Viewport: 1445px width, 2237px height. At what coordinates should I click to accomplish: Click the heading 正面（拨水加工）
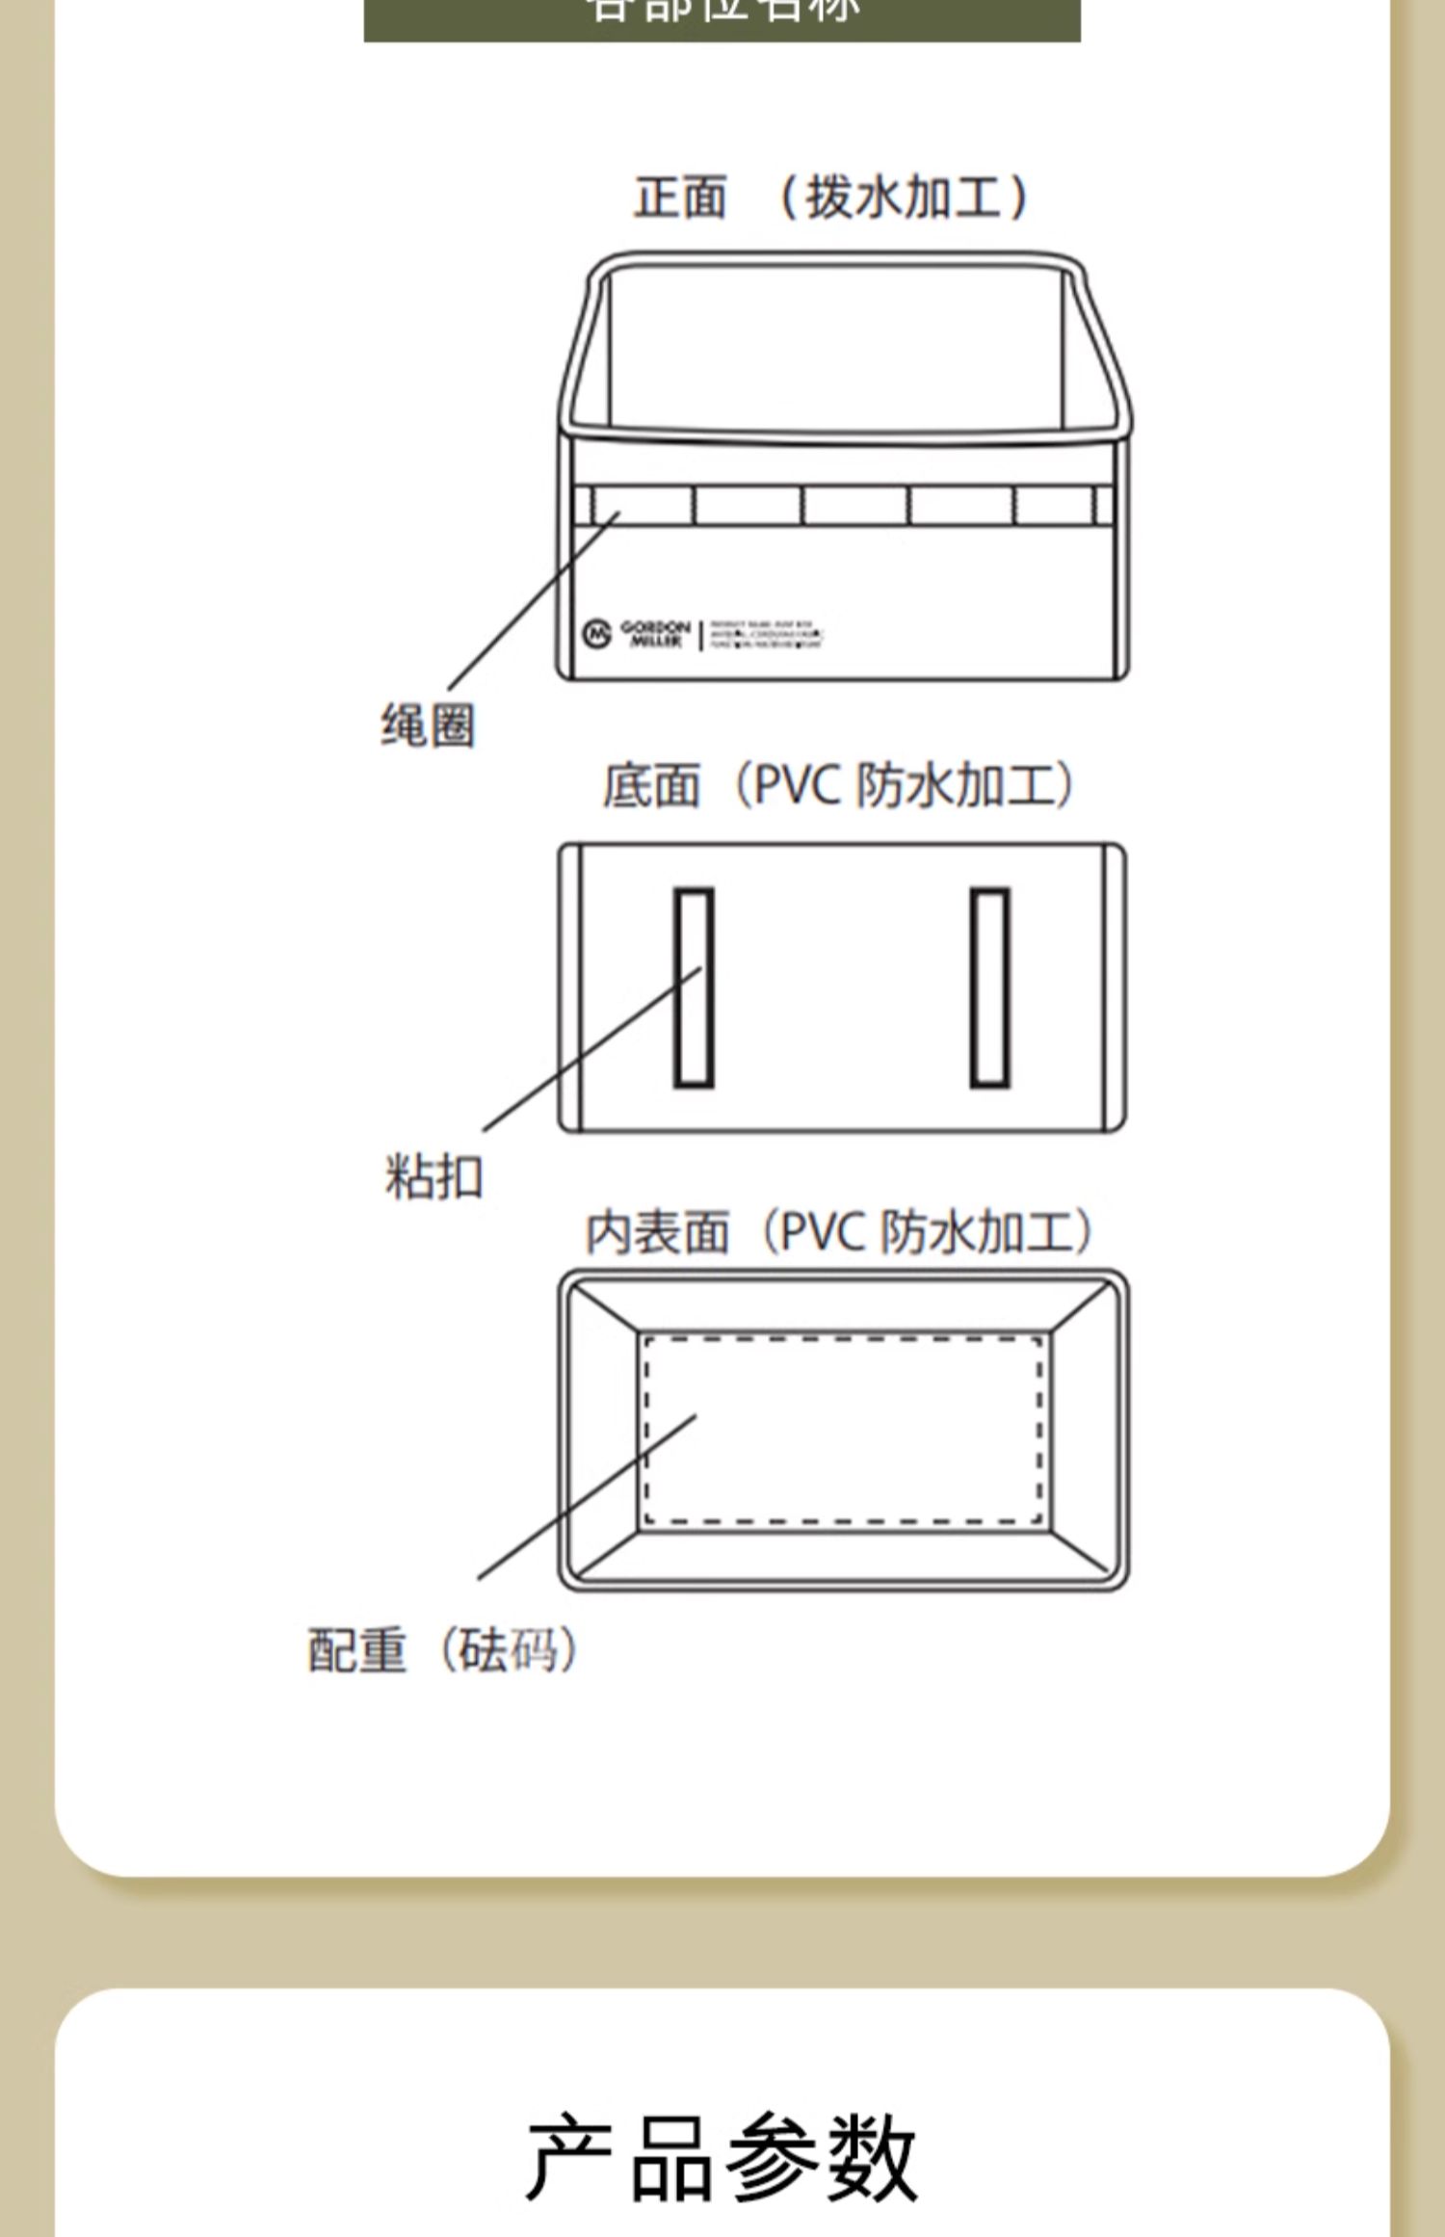[830, 197]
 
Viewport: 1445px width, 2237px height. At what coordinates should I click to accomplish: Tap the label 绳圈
[428, 725]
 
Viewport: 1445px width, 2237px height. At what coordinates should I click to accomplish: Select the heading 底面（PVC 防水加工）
[837, 785]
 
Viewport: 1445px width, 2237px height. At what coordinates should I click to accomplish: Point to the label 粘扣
[433, 1176]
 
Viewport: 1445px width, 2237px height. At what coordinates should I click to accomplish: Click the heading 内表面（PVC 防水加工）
[839, 1232]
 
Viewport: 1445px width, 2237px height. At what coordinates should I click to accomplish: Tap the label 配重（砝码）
[442, 1649]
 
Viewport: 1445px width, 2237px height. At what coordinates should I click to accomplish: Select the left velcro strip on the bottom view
[694, 987]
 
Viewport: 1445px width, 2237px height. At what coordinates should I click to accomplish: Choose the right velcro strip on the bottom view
[989, 987]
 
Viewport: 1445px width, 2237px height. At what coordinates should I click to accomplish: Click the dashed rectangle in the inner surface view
[843, 1430]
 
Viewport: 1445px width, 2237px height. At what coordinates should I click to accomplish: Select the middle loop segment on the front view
[854, 505]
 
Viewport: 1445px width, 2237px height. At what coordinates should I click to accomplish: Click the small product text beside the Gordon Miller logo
[766, 635]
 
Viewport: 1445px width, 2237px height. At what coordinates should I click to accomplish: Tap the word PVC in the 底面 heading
[799, 785]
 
